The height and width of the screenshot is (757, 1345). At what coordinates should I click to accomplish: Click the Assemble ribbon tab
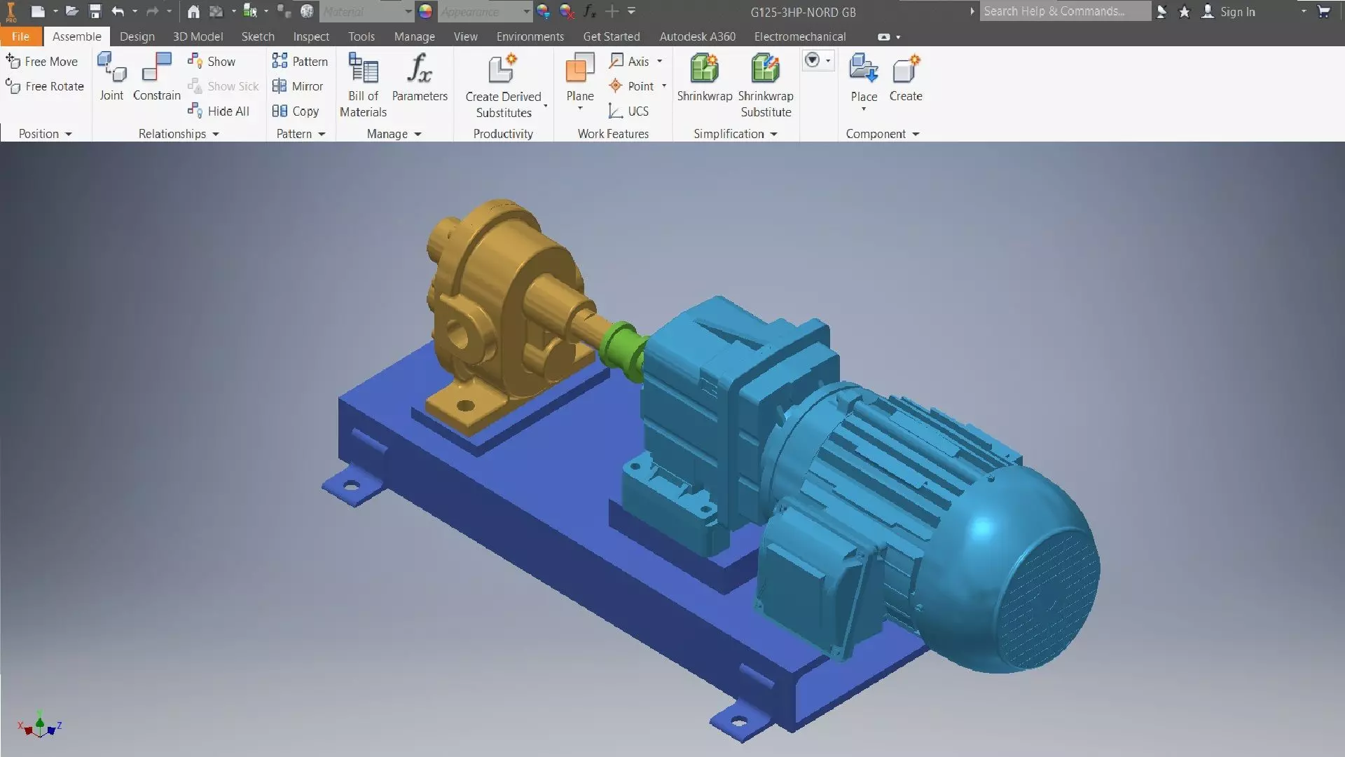76,36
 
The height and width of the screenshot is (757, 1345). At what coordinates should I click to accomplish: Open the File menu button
20,36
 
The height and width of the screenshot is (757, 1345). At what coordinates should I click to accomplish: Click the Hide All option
219,111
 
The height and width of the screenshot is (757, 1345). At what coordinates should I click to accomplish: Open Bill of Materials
363,84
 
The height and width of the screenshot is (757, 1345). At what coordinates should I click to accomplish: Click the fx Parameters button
420,77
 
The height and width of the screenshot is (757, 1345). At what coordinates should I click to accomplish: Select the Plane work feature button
579,77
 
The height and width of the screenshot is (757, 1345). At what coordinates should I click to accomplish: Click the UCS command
629,111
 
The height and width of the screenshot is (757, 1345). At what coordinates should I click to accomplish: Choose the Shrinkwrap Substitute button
766,84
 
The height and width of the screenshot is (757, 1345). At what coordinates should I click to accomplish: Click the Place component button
863,77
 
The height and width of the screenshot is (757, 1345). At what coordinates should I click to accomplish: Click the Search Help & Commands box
1063,11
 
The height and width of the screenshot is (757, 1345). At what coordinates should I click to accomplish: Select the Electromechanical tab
799,36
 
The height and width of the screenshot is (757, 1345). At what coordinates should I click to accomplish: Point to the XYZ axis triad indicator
40,725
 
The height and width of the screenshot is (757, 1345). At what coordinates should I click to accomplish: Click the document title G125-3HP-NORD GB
803,12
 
